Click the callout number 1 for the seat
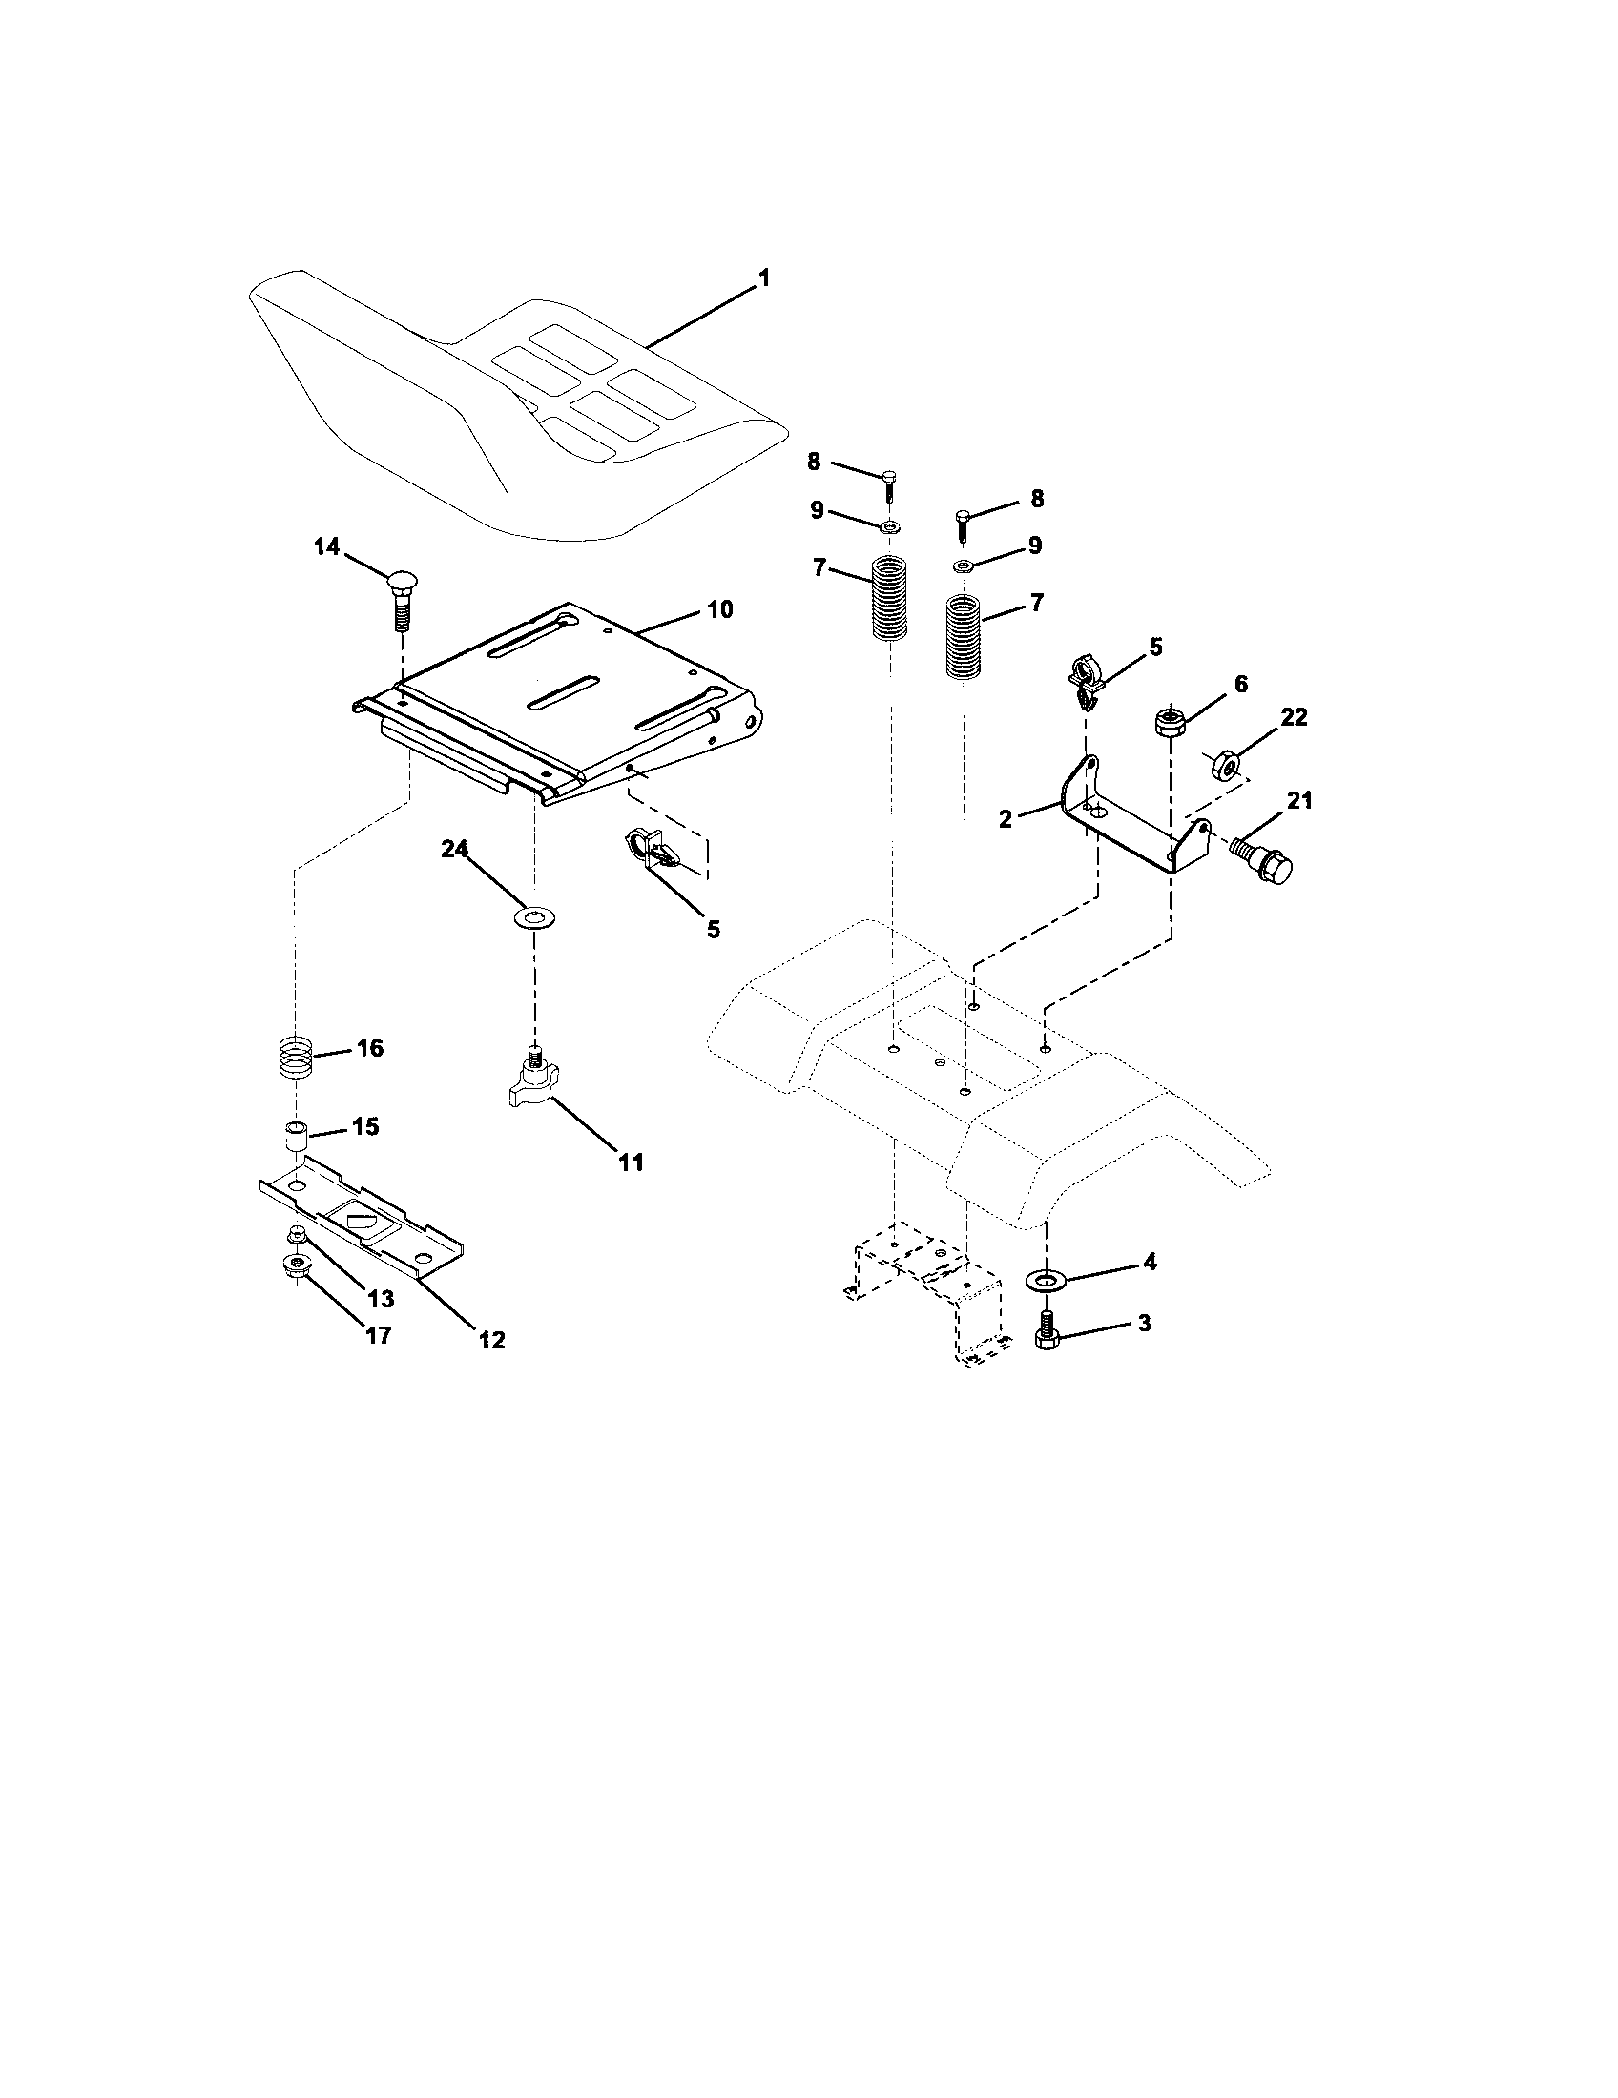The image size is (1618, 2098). pos(764,278)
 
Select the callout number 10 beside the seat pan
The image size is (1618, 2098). pos(718,609)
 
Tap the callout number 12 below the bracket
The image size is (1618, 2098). pos(491,1339)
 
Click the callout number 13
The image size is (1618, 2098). pos(381,1299)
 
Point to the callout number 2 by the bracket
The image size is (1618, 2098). pos(1005,818)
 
